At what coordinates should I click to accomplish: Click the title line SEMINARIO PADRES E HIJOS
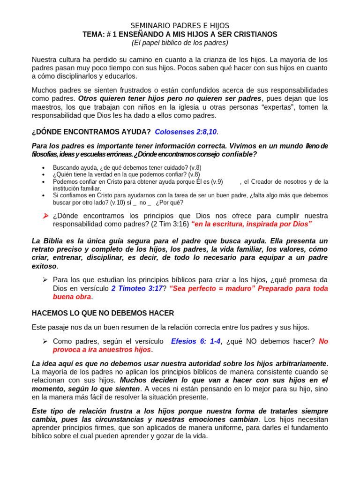click(180, 26)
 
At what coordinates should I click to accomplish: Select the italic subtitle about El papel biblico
click(180, 43)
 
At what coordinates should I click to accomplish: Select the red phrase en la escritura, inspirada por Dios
click(251, 224)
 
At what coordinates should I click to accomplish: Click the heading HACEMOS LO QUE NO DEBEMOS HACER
click(103, 313)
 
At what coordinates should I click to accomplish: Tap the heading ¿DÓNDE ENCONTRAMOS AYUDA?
click(91, 132)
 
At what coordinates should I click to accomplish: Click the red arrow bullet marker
click(45, 216)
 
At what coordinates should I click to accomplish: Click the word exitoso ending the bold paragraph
click(44, 266)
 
